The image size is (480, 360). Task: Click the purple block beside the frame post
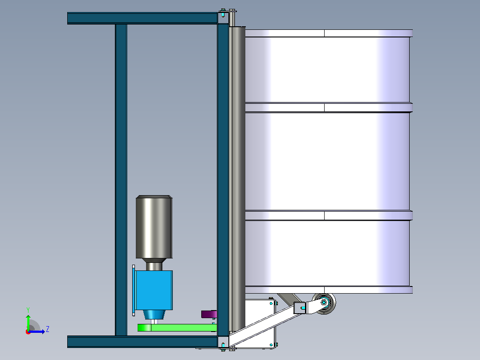[x=209, y=314]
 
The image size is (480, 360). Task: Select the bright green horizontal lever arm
[x=177, y=327]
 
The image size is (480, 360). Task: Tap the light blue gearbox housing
[x=154, y=290]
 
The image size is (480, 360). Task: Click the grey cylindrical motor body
[x=154, y=227]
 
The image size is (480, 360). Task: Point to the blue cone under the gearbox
[x=154, y=315]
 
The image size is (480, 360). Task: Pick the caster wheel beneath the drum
[x=324, y=303]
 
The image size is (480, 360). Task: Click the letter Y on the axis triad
[x=28, y=310]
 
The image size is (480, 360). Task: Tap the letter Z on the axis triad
[x=48, y=329]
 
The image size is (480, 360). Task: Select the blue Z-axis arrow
[x=37, y=331]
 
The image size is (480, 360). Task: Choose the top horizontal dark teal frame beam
[x=142, y=18]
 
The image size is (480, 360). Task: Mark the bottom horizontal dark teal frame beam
[x=142, y=342]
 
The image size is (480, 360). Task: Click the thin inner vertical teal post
[x=121, y=180]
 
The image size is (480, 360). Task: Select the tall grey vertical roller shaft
[x=237, y=179]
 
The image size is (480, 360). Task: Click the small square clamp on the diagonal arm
[x=300, y=307]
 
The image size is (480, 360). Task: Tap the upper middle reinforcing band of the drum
[x=329, y=107]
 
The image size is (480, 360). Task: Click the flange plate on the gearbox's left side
[x=134, y=290]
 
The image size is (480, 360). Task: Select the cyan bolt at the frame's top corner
[x=223, y=13]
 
